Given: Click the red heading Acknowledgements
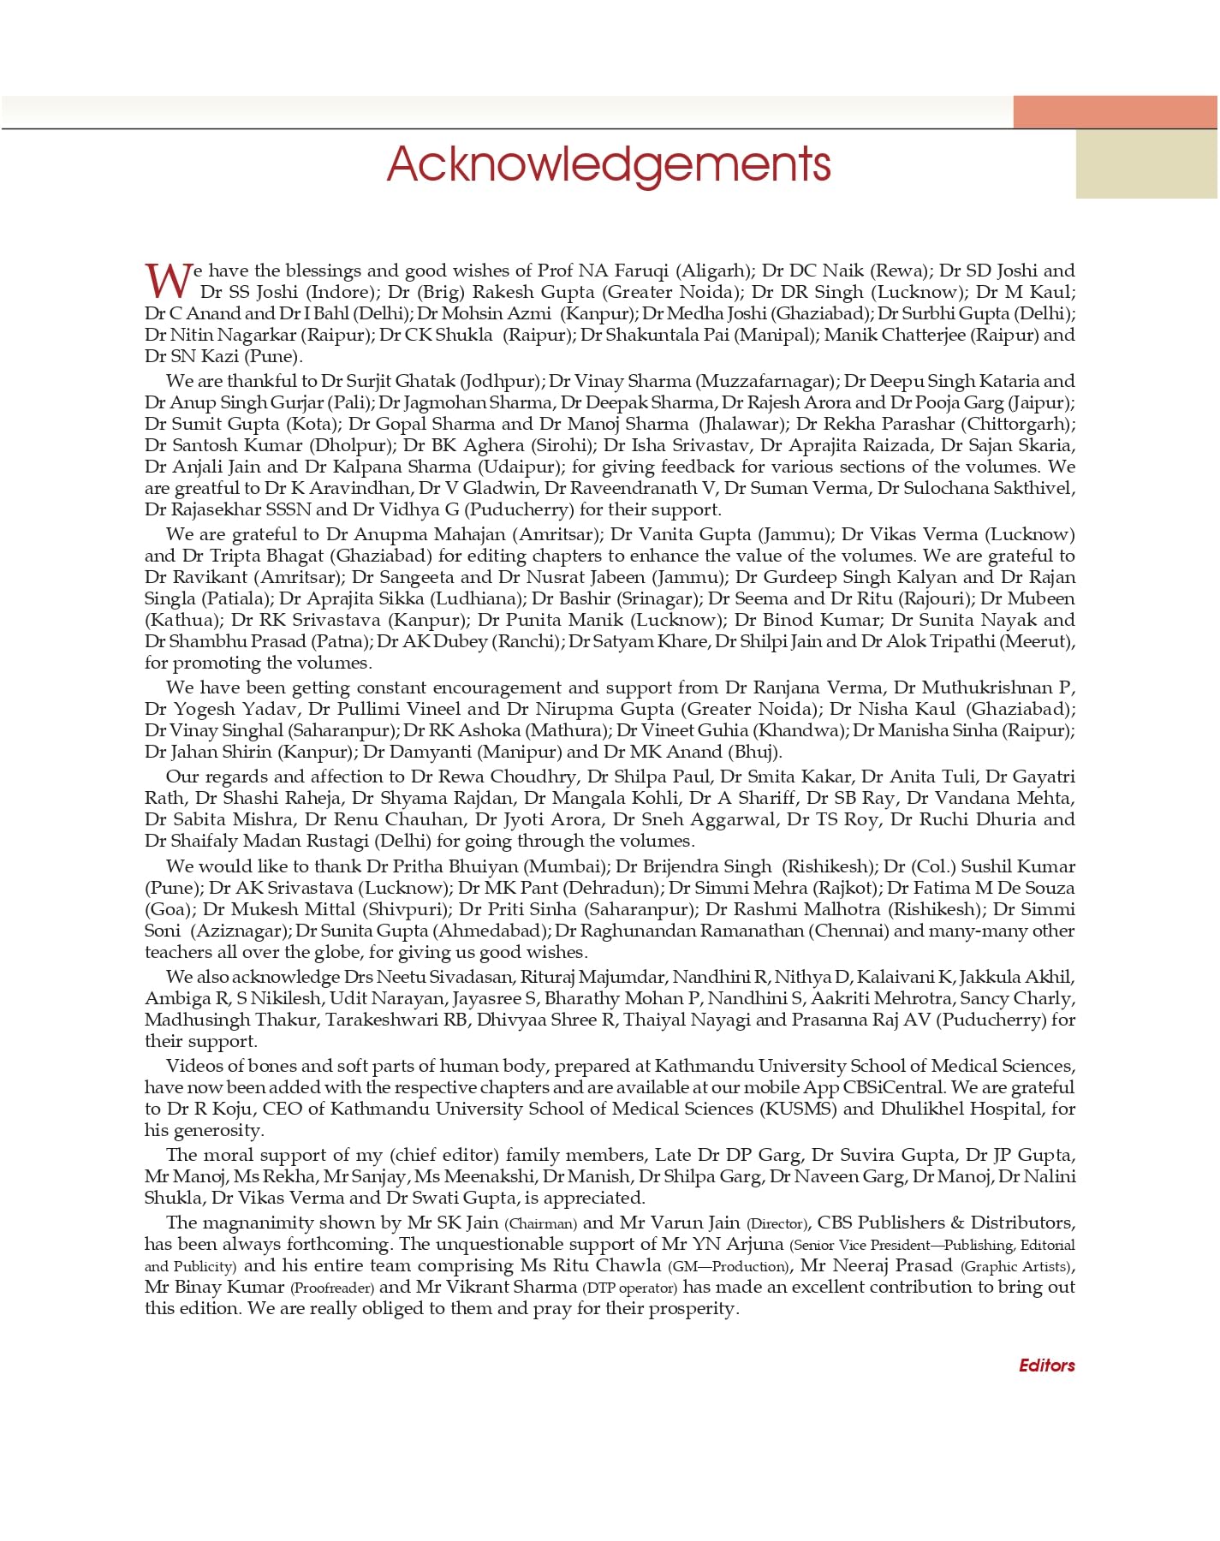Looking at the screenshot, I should (609, 164).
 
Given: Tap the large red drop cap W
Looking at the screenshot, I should (169, 280).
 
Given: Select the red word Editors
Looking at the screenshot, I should (1046, 1365).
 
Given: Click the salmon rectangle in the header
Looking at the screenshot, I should (1115, 112).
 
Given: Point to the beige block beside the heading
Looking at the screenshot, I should (1146, 164).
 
